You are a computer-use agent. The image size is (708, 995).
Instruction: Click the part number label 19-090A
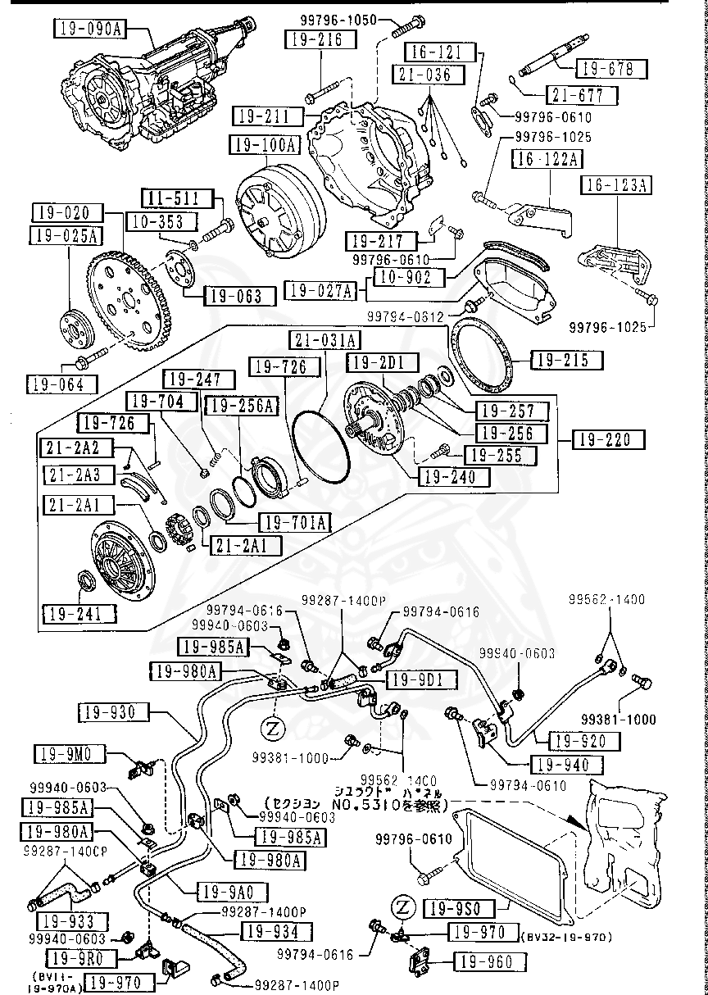click(x=90, y=30)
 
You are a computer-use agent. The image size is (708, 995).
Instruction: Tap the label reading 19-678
click(x=610, y=70)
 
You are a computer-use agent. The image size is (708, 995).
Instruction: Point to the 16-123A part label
click(x=616, y=186)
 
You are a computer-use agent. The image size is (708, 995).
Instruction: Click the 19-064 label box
click(x=62, y=384)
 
